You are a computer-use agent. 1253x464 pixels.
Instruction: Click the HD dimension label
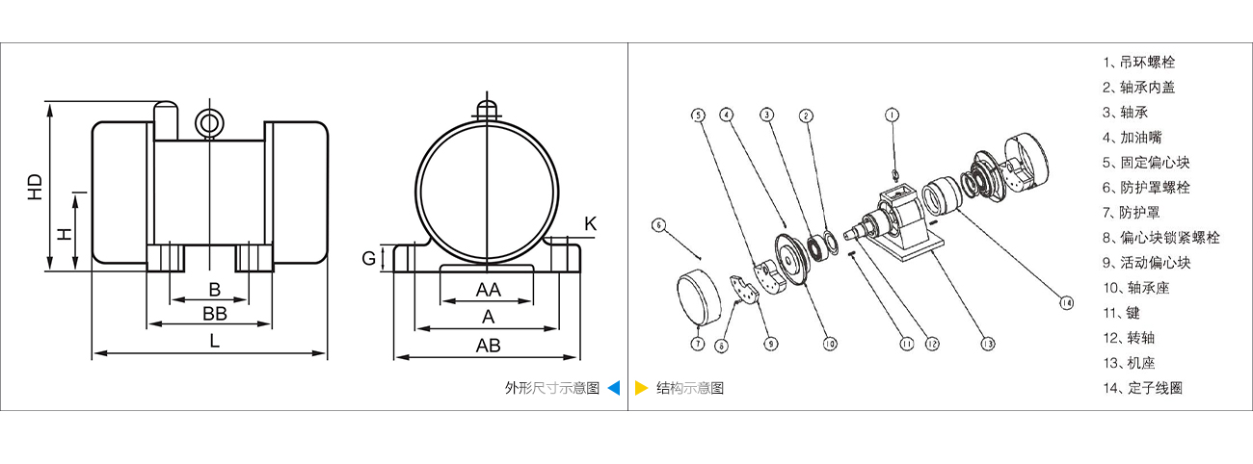pyautogui.click(x=36, y=187)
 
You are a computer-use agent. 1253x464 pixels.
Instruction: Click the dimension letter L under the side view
pyautogui.click(x=214, y=340)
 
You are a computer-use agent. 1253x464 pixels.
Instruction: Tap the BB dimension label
pyautogui.click(x=214, y=314)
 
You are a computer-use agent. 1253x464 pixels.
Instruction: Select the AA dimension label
pyautogui.click(x=488, y=290)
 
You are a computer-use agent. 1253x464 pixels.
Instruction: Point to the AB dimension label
pyautogui.click(x=488, y=346)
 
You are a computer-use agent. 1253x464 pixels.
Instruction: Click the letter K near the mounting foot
pyautogui.click(x=591, y=223)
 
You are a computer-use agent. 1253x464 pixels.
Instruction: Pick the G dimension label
pyautogui.click(x=369, y=258)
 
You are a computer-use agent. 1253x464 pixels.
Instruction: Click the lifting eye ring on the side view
pyautogui.click(x=208, y=122)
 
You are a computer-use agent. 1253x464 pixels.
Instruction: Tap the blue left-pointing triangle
pyautogui.click(x=614, y=388)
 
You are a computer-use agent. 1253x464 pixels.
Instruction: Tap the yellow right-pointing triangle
pyautogui.click(x=641, y=388)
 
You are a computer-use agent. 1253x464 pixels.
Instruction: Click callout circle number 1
pyautogui.click(x=893, y=114)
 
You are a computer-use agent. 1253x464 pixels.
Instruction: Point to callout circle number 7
pyautogui.click(x=697, y=342)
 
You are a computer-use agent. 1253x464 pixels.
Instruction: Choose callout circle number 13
pyautogui.click(x=988, y=342)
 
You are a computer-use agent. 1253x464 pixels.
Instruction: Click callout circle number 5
pyautogui.click(x=697, y=114)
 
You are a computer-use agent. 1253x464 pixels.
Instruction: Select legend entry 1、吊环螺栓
pyautogui.click(x=1139, y=62)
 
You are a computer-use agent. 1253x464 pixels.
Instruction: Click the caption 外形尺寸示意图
pyautogui.click(x=552, y=388)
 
